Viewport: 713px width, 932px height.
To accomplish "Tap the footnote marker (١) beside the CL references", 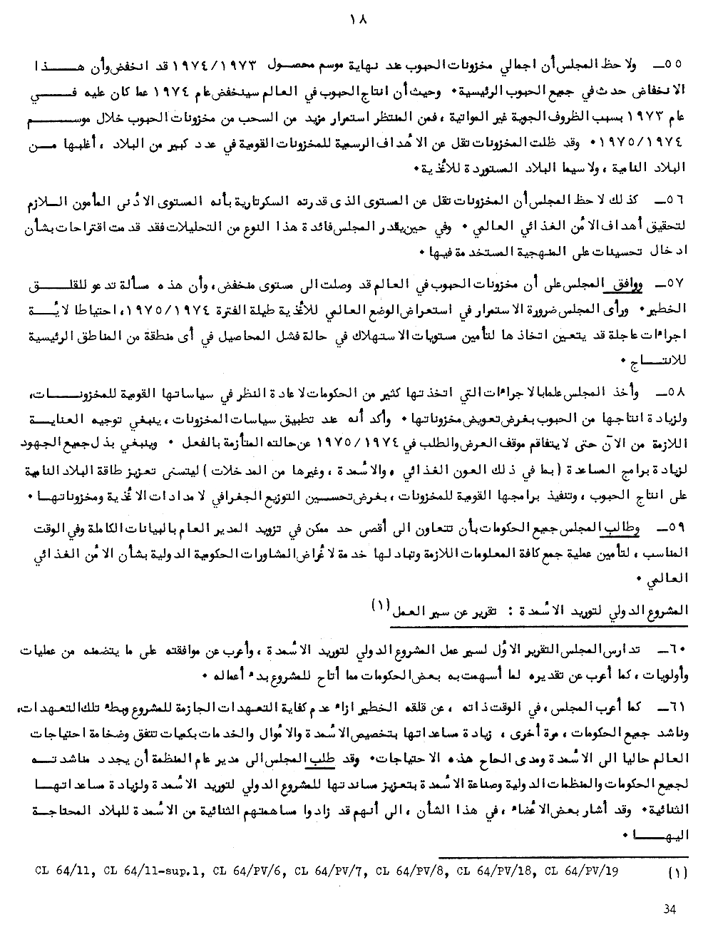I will click(x=674, y=871).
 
